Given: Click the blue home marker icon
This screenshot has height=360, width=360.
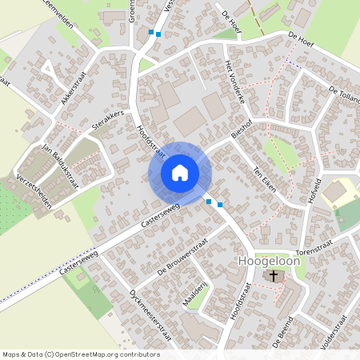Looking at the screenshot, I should point(180,173).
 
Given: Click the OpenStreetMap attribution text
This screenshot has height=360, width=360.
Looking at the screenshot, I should point(82,354).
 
